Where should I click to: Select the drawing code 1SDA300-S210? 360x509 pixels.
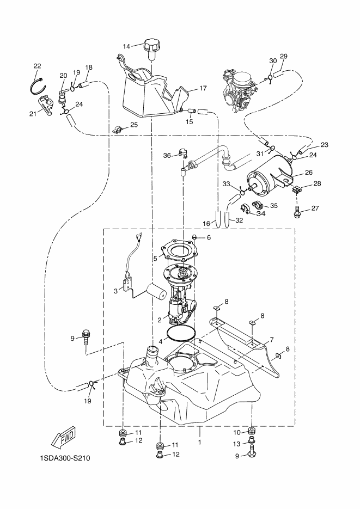pyautogui.click(x=65, y=458)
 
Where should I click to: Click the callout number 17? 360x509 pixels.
pyautogui.click(x=203, y=88)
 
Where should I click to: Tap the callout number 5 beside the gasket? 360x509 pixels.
pyautogui.click(x=155, y=259)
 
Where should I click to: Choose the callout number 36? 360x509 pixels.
pyautogui.click(x=167, y=156)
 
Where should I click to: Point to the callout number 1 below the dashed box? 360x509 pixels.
pyautogui.click(x=199, y=442)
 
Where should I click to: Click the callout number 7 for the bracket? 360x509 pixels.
pyautogui.click(x=272, y=340)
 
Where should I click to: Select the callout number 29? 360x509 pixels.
pyautogui.click(x=283, y=56)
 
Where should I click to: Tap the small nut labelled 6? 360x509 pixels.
pyautogui.click(x=195, y=237)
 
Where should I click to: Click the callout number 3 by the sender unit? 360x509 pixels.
pyautogui.click(x=115, y=291)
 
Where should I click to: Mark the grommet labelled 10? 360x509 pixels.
pyautogui.click(x=252, y=431)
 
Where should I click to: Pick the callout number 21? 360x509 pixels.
pyautogui.click(x=33, y=114)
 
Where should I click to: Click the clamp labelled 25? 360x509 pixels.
pyautogui.click(x=119, y=130)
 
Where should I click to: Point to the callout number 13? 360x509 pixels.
pyautogui.click(x=237, y=444)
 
